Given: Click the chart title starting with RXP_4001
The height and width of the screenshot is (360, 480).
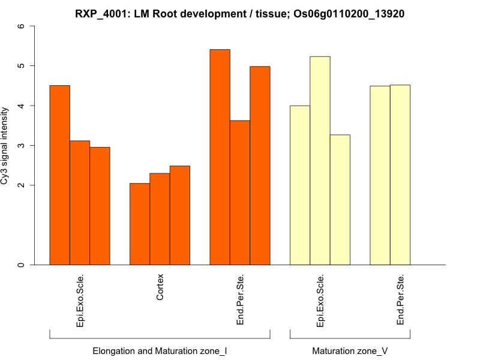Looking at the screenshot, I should (239, 14).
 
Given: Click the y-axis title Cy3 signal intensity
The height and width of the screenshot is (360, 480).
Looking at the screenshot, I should (5, 145).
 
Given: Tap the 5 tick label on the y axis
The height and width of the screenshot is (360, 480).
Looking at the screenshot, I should (22, 65).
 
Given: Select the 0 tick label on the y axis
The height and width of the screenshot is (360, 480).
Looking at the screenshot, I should (22, 265).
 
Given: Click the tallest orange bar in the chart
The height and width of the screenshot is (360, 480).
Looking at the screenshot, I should (220, 157).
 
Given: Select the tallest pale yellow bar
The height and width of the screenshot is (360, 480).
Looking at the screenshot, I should (320, 161).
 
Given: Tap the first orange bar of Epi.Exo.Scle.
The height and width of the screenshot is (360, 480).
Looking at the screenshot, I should (59, 175).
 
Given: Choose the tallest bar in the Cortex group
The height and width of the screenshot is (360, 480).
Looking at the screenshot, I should (180, 215).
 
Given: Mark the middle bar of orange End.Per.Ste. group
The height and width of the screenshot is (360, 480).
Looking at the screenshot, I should (240, 193).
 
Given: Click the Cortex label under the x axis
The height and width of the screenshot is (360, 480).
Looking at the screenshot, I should (160, 287).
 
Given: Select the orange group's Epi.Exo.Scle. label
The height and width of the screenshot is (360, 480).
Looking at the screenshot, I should (80, 301).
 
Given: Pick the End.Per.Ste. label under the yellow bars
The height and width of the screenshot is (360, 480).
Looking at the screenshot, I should (401, 301).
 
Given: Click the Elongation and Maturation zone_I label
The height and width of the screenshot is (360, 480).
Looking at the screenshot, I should (160, 350).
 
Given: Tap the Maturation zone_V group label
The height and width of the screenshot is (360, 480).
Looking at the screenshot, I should (350, 350).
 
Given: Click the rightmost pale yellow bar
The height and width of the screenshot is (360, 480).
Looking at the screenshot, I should (400, 175).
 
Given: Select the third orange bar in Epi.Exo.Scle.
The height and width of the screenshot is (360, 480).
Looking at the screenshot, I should (100, 206).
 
